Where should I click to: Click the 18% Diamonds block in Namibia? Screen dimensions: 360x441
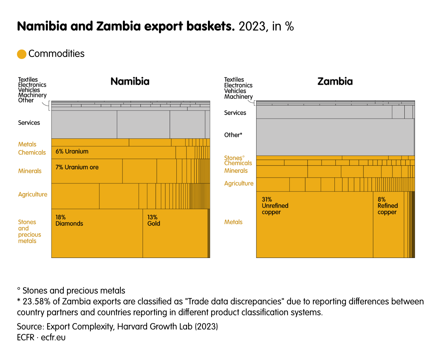point(97,234)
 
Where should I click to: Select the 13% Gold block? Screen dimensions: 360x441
point(175,234)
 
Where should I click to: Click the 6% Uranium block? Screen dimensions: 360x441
point(113,152)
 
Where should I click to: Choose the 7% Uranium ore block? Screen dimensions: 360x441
point(87,171)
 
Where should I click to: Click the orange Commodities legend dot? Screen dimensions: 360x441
point(22,54)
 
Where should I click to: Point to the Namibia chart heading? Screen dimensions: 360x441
point(130,81)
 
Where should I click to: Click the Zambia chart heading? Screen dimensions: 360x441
point(335,81)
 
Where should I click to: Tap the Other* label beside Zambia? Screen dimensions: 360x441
point(233,135)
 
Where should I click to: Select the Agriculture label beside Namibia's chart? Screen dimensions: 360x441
point(33,194)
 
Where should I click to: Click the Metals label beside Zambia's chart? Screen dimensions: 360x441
point(233,222)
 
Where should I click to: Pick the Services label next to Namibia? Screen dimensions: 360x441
point(29,123)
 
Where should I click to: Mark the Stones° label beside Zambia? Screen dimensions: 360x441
point(234,158)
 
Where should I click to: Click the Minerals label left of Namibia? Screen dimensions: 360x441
point(30,171)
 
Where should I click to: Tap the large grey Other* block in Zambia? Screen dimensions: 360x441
point(335,137)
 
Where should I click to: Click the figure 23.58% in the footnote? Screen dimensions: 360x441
point(35,301)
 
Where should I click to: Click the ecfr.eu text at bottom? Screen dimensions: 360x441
point(53,337)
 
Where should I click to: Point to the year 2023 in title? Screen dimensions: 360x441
point(252,26)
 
